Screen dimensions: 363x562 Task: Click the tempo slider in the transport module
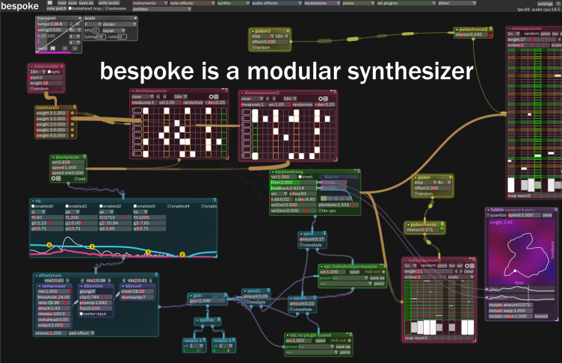click(51, 24)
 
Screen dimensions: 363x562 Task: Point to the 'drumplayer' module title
click(68, 157)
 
